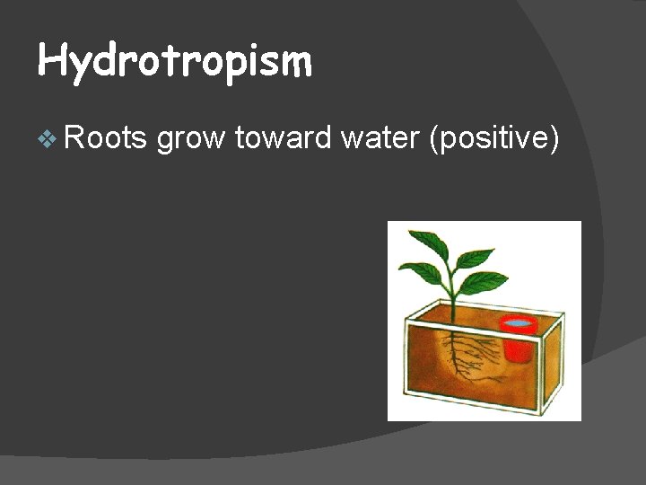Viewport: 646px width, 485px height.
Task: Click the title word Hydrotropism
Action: tap(175, 62)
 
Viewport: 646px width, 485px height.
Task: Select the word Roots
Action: tap(105, 138)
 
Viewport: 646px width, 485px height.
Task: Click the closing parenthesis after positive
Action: tap(554, 140)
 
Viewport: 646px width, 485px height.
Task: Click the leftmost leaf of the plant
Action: tap(421, 270)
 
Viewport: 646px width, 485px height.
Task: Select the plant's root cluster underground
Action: tap(461, 355)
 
